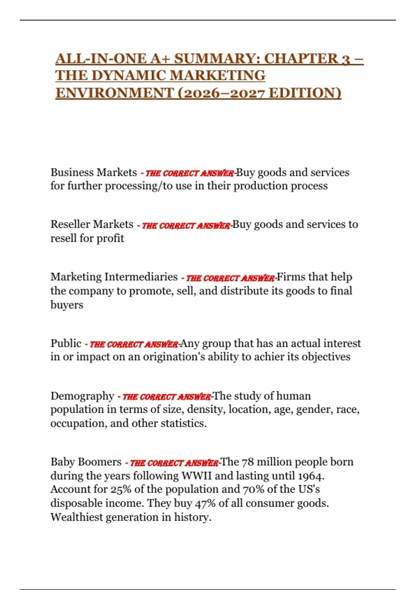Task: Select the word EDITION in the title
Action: [x=305, y=93]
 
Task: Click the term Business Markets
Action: [x=94, y=172]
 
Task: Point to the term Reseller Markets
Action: [x=92, y=225]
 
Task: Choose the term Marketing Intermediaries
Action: [x=114, y=277]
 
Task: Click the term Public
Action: [x=66, y=343]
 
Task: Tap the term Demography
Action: [x=82, y=396]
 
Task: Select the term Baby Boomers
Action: [x=86, y=462]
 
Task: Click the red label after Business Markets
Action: [x=189, y=173]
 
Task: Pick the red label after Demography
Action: [x=166, y=396]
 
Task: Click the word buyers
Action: [x=67, y=305]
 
